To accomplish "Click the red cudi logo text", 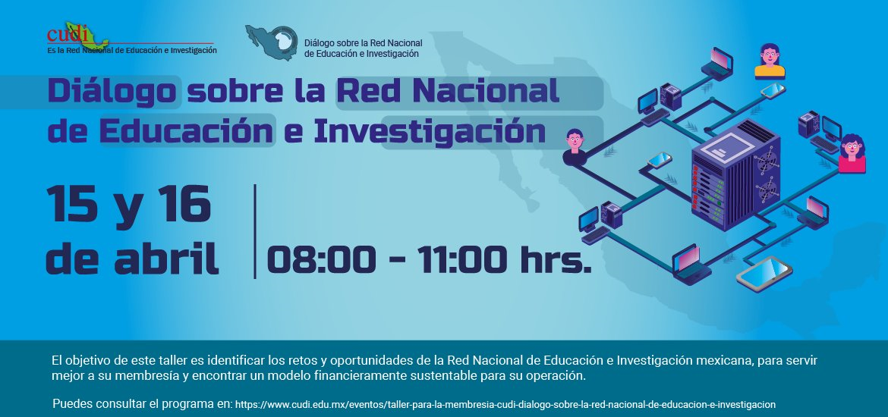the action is click(68, 35).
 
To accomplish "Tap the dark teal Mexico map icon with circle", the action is click(272, 42).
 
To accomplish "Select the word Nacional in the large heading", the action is click(486, 90).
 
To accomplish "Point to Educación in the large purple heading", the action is click(186, 130).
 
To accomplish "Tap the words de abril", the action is click(133, 258).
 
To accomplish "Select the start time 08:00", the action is click(321, 260).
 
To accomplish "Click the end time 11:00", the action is click(463, 260).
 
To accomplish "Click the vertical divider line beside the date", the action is click(255, 231).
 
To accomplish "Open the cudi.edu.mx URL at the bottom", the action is click(505, 405).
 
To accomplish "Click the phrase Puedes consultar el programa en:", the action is click(142, 405).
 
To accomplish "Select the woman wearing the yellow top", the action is click(770, 61).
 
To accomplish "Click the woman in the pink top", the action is click(852, 153).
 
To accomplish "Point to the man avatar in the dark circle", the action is click(575, 147).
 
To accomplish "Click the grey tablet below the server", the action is click(764, 273).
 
